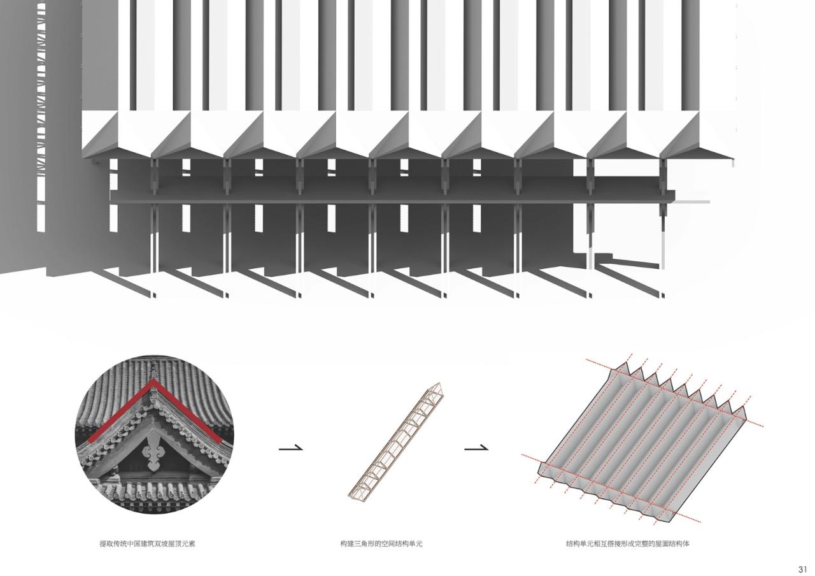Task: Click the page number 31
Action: click(802, 569)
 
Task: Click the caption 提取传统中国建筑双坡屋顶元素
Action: click(152, 544)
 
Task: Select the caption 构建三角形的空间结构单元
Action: click(381, 544)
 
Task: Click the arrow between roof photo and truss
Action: click(290, 449)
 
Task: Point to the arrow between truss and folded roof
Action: click(476, 449)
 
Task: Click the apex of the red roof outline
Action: click(153, 382)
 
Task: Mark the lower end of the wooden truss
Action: click(351, 495)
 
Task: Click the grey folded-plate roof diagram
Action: click(643, 440)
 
